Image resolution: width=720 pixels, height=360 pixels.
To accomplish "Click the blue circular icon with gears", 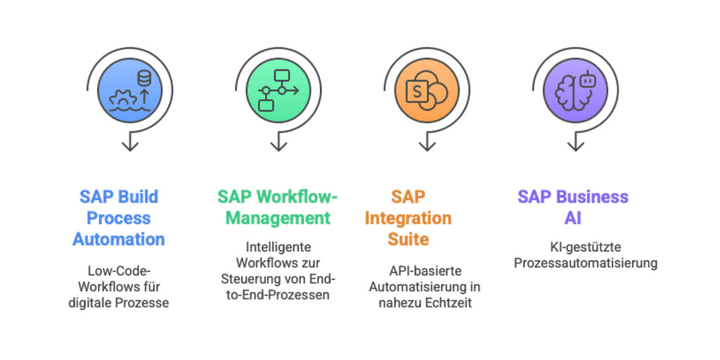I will click(130, 90).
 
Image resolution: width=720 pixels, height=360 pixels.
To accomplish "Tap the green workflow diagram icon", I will click(278, 90).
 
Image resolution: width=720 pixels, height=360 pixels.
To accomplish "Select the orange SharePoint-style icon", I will click(427, 90).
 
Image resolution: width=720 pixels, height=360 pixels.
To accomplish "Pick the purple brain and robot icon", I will click(575, 90).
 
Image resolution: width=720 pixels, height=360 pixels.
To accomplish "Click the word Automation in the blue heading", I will click(119, 239).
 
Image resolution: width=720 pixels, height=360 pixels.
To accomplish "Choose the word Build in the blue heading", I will click(137, 196).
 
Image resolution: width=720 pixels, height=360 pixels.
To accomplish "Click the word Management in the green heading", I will click(278, 218).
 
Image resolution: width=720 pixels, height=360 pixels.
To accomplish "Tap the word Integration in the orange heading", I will click(408, 218).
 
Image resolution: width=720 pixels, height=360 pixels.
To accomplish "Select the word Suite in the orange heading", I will click(408, 239).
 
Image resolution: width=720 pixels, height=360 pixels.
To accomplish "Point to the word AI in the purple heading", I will click(573, 218).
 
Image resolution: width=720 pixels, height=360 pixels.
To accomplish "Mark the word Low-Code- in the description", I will click(119, 270).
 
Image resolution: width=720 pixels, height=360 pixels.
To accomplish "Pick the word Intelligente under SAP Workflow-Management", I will click(278, 247).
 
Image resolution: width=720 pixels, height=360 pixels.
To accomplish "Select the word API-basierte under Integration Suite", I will click(425, 270).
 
